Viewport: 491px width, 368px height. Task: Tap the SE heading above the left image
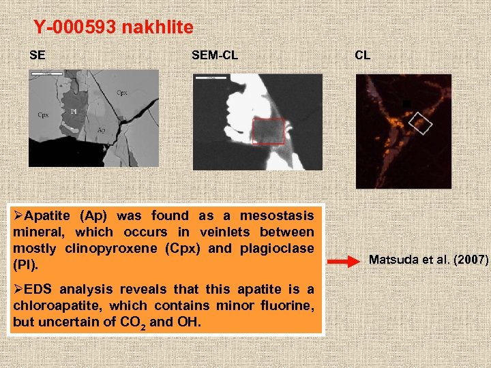[x=38, y=55]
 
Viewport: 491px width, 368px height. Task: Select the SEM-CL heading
[x=215, y=55]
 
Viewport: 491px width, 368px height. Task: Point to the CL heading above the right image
[x=363, y=55]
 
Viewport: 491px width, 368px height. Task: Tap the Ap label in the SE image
[x=101, y=129]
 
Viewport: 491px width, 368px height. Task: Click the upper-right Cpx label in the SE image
[x=121, y=93]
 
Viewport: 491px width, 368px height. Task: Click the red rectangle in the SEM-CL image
[x=268, y=131]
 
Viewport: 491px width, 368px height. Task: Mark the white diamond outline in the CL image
[x=420, y=123]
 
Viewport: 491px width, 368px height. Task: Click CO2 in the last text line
[x=131, y=322]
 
